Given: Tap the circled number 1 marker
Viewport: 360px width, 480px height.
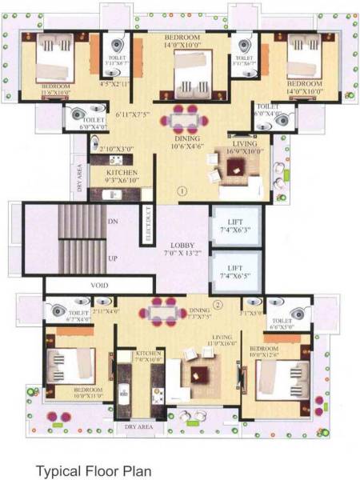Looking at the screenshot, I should (x=182, y=191).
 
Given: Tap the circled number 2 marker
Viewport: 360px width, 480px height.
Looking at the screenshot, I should (x=217, y=304).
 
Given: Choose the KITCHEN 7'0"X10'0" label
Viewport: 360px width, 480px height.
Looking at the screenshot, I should (x=150, y=356).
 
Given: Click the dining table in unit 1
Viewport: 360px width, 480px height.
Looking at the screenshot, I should (x=186, y=121).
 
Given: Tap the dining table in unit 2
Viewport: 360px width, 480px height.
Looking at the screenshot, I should (x=163, y=310).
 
